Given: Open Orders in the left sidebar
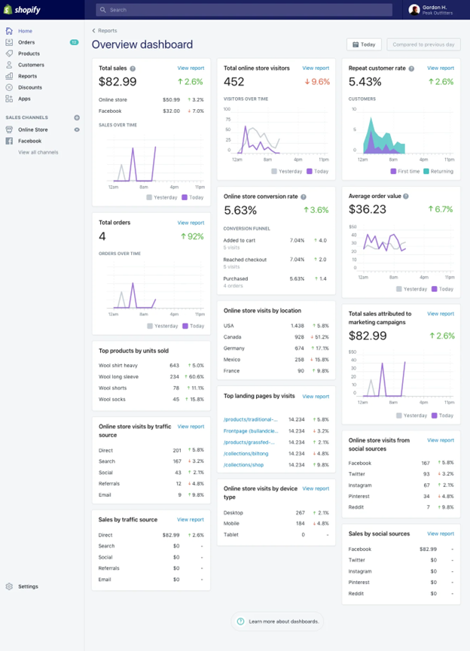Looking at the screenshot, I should (x=26, y=42).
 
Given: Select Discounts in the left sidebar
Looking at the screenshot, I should (x=30, y=87).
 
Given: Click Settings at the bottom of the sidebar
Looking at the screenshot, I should (x=28, y=586).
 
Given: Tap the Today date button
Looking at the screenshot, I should (x=364, y=44).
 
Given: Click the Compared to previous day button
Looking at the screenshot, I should (x=423, y=44).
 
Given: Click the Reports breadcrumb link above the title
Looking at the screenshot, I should (x=107, y=31).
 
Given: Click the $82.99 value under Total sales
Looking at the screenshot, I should (x=118, y=82).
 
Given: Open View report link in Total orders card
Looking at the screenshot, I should (x=191, y=223).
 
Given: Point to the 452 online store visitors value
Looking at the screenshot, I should (x=234, y=82).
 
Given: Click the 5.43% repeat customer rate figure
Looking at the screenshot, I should (x=365, y=82).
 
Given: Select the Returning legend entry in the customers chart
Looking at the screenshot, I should (x=440, y=171).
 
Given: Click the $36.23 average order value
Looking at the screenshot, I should (x=368, y=209).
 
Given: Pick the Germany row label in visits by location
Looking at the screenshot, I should (x=235, y=348).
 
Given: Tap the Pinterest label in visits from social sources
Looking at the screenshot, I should (x=360, y=496).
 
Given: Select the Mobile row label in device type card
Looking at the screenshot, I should (x=232, y=523).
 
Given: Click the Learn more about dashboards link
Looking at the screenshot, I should (x=283, y=621).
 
